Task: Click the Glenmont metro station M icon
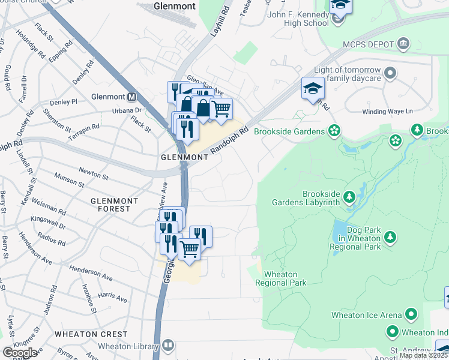[x=131, y=97]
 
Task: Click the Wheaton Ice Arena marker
[x=411, y=314]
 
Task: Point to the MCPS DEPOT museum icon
[x=403, y=44]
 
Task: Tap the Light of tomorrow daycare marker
[x=391, y=74]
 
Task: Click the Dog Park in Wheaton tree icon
[x=390, y=238]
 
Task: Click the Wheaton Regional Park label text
[x=285, y=278]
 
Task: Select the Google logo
[x=19, y=352]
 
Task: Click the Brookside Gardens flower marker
[x=334, y=131]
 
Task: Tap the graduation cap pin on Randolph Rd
[x=313, y=89]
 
